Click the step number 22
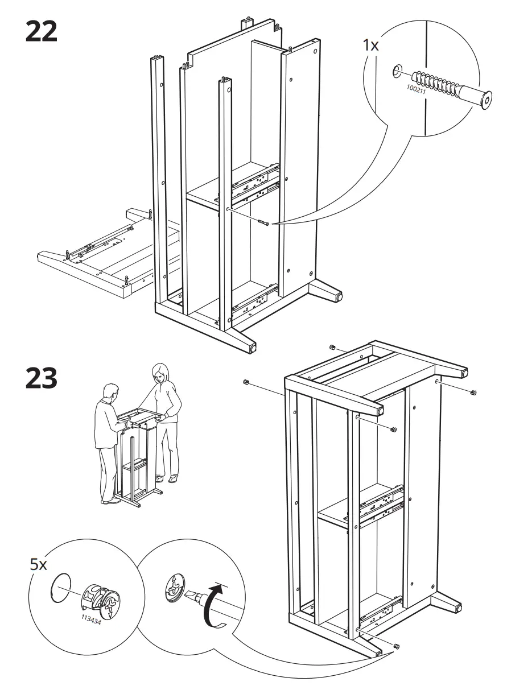tap(42, 31)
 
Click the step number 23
tap(42, 379)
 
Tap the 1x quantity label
tap(370, 46)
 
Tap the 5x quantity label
tap(38, 565)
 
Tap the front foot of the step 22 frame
tap(250, 345)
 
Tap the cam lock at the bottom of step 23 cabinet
tap(397, 646)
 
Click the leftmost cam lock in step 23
tap(246, 381)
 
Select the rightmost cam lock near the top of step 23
tap(473, 392)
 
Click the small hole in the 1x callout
tap(395, 72)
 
